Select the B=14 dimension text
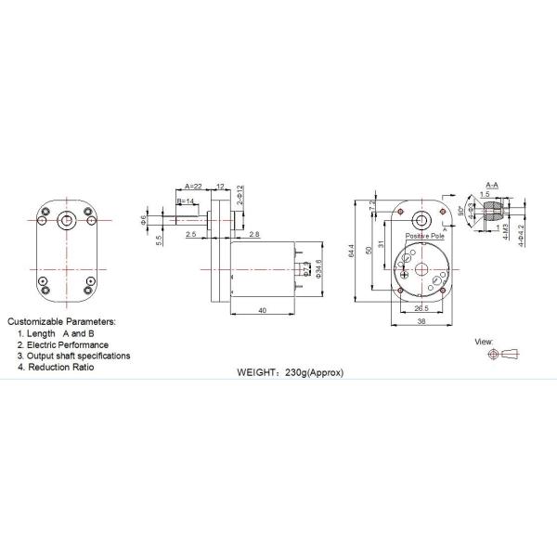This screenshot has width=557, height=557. point(186,201)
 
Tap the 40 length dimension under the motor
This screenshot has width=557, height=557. point(263,309)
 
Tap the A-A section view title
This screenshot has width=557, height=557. point(494,187)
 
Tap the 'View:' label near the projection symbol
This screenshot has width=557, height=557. point(484,342)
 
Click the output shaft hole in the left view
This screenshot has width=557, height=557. point(67,220)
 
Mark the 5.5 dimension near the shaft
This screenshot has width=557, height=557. point(161,240)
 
